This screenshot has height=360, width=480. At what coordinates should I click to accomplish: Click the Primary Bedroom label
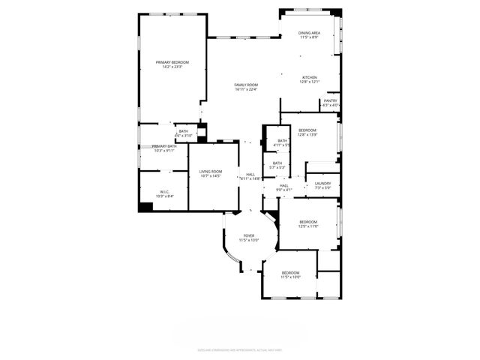coord(172,62)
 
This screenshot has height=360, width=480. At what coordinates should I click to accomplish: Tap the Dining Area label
coord(309,33)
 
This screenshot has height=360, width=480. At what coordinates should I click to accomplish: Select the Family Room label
coord(245,85)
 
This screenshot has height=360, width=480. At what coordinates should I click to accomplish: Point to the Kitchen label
coord(310,77)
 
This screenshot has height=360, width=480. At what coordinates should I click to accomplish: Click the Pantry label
coord(331,100)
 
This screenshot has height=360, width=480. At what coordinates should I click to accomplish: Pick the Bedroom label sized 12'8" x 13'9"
coord(308,130)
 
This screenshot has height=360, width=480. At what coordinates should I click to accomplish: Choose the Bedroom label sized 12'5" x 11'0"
coord(308,222)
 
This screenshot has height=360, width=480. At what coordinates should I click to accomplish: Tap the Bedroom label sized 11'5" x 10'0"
coord(290,272)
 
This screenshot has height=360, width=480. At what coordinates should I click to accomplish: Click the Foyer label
coord(248,235)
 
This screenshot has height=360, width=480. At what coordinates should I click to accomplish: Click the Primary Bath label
coord(164,146)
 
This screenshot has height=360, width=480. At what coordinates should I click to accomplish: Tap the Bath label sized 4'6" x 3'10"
coord(183,132)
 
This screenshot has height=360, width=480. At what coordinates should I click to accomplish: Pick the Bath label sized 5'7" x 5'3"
coord(277,163)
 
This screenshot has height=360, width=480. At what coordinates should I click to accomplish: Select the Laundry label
coord(323,184)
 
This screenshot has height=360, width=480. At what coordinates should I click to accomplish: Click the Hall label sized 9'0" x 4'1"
coord(284,185)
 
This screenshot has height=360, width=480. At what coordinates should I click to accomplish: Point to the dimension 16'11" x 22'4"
coord(245,90)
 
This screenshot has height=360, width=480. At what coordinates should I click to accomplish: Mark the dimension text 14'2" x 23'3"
coord(172,67)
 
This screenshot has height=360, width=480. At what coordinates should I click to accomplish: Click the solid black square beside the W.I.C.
coord(145,206)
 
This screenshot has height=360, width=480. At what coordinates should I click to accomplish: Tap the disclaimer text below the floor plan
coord(239,349)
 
